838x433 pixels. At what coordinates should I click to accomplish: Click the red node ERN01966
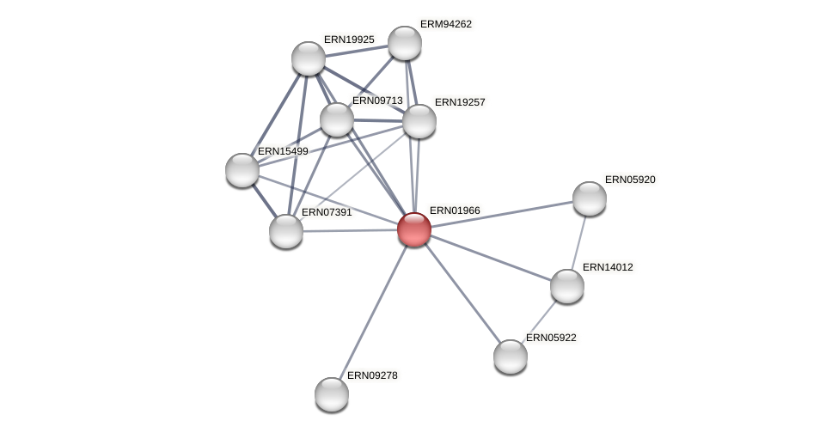[x=413, y=229]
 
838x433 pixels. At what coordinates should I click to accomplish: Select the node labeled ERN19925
[x=308, y=58]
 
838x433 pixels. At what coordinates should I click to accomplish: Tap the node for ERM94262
[x=404, y=43]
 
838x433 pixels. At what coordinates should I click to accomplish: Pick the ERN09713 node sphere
[x=336, y=119]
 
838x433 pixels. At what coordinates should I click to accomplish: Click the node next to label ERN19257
[x=419, y=121]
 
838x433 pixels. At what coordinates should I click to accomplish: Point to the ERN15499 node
[x=242, y=170]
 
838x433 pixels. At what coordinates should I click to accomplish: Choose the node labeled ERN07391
[x=286, y=231]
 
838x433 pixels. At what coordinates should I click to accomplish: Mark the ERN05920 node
[x=589, y=198]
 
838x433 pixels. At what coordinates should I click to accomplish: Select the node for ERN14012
[x=566, y=286]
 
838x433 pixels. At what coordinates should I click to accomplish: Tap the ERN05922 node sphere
[x=510, y=357]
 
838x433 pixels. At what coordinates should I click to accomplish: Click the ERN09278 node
[x=331, y=394]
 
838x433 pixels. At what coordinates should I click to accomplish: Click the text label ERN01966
[x=455, y=210]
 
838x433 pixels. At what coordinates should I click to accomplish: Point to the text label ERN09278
[x=372, y=375]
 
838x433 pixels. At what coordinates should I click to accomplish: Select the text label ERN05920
[x=630, y=180]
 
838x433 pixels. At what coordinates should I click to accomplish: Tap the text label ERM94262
[x=446, y=24]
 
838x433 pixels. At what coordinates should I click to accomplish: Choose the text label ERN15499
[x=283, y=151]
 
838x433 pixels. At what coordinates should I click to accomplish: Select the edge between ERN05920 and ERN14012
[x=578, y=241]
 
